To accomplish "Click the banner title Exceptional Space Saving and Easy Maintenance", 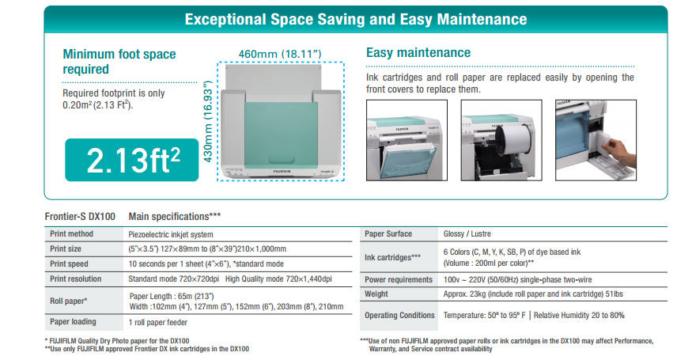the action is pyautogui.click(x=356, y=20).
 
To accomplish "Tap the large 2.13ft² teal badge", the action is pyautogui.click(x=132, y=160).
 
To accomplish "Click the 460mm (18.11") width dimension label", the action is pyautogui.click(x=280, y=54).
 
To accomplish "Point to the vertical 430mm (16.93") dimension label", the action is pyautogui.click(x=208, y=122).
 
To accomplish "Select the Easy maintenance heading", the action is pyautogui.click(x=418, y=52).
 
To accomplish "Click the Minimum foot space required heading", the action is pyautogui.click(x=119, y=62).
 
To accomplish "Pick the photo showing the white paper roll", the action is pyautogui.click(x=501, y=140).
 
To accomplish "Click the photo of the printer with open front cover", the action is pyautogui.click(x=407, y=140).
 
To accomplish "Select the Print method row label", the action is pyautogui.click(x=71, y=234).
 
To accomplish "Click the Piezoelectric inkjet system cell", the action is pyautogui.click(x=171, y=234).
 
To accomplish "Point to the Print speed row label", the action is pyautogui.click(x=69, y=263).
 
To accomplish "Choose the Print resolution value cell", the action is pyautogui.click(x=230, y=279).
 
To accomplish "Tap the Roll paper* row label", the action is pyautogui.click(x=68, y=301).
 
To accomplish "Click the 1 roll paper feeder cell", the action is pyautogui.click(x=158, y=323).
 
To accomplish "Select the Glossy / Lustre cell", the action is pyautogui.click(x=467, y=234).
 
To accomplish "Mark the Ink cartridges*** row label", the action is pyautogui.click(x=393, y=257).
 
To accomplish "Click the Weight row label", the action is pyautogui.click(x=376, y=294).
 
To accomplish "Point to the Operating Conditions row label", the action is pyautogui.click(x=399, y=316).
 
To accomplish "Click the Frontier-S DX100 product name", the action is pyautogui.click(x=80, y=217).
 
